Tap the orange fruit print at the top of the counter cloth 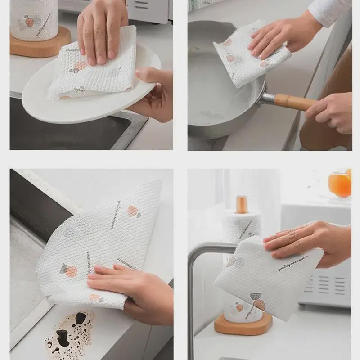pyautogui.click(x=132, y=211)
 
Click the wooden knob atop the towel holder pyautogui.click(x=242, y=205)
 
